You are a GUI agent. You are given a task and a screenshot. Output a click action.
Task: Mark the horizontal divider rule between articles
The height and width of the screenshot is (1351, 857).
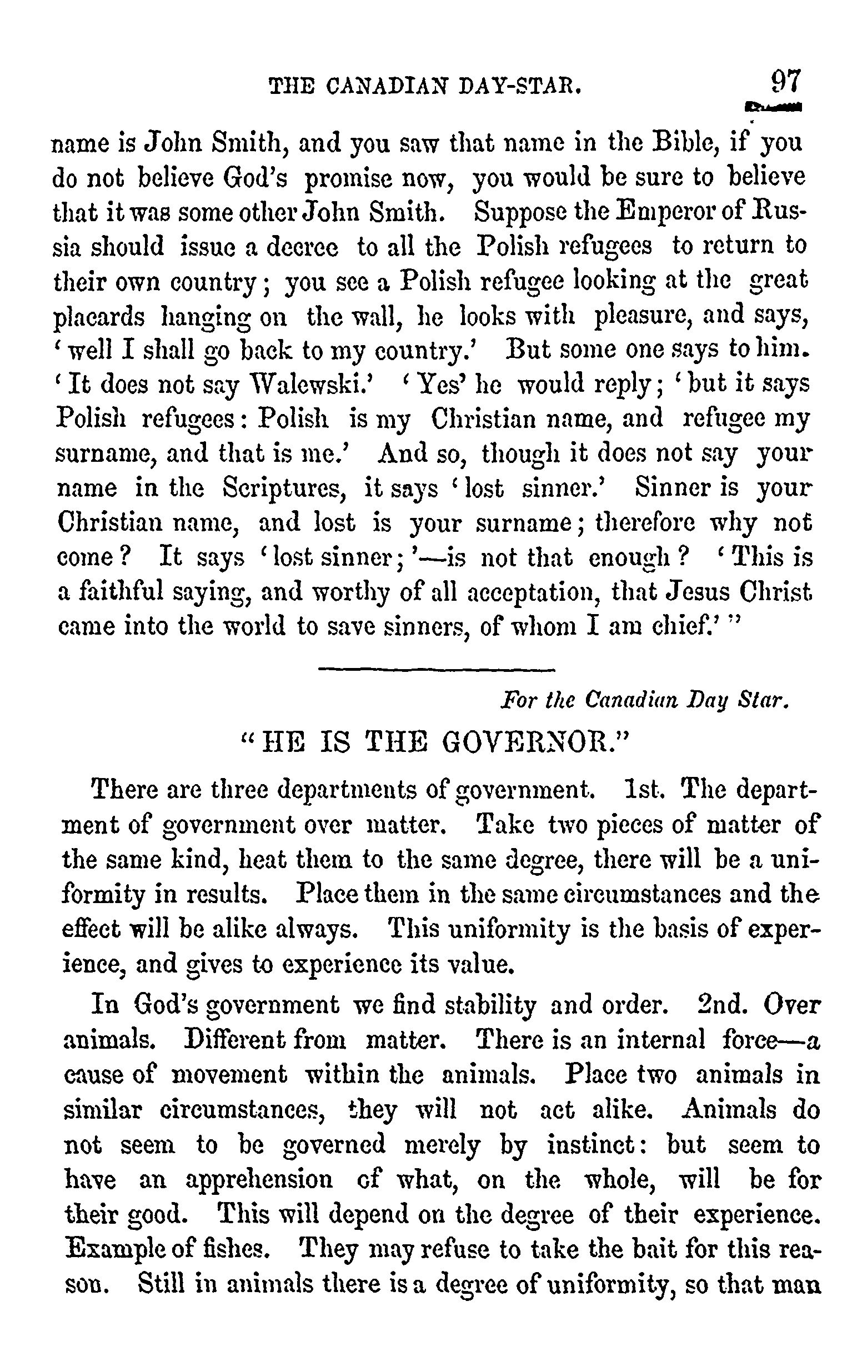tap(436, 669)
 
